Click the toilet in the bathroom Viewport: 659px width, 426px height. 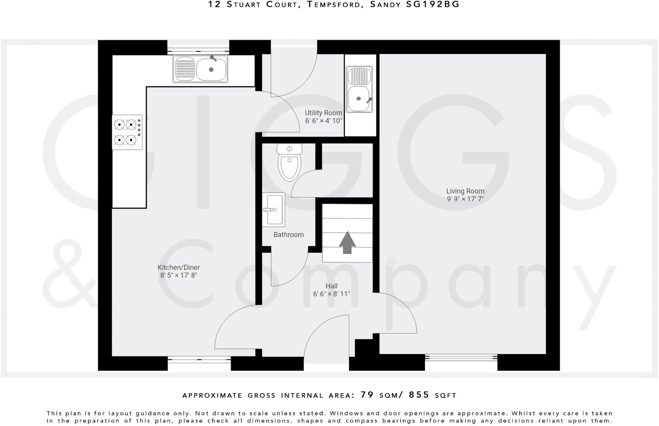[289, 163]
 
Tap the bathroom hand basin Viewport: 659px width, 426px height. [273, 210]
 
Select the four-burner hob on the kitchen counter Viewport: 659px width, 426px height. [127, 132]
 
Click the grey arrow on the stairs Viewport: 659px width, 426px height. [347, 243]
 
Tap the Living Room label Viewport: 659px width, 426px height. [465, 191]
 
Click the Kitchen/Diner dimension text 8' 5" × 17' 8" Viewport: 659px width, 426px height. [179, 276]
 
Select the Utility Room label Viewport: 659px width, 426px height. [323, 113]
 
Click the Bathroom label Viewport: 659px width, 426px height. [288, 235]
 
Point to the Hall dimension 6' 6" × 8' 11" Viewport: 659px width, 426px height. [332, 294]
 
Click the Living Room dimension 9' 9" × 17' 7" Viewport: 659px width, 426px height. [465, 199]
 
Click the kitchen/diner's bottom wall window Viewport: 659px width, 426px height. [199, 360]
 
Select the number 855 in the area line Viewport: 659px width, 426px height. [419, 395]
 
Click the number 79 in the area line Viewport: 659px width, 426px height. [367, 395]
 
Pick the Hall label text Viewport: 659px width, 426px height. [331, 286]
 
